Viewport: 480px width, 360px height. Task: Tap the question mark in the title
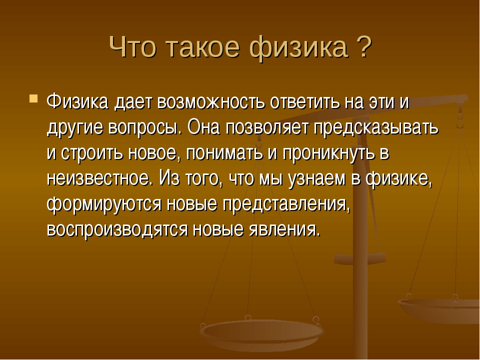363,46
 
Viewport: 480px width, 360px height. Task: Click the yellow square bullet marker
33,98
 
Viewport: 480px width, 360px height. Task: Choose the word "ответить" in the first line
304,101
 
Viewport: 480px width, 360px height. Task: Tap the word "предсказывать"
376,128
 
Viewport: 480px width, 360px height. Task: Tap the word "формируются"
104,204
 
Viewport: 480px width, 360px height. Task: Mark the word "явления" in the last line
285,230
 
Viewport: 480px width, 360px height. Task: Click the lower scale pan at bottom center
261,333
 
